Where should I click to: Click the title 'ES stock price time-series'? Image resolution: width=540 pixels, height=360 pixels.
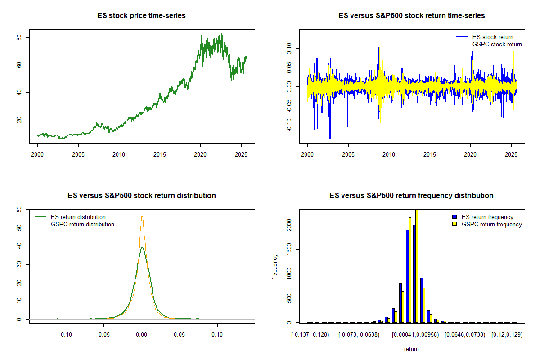tap(141, 16)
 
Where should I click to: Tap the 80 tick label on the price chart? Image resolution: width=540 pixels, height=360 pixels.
tap(19, 37)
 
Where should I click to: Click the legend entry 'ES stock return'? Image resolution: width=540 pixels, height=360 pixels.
tap(492, 37)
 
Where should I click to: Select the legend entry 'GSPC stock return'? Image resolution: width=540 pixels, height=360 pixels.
tap(497, 44)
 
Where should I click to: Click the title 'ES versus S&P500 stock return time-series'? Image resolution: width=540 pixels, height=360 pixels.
tap(411, 16)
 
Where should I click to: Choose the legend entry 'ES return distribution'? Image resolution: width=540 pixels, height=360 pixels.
tap(78, 217)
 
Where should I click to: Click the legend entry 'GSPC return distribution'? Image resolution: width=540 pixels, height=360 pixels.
tap(82, 224)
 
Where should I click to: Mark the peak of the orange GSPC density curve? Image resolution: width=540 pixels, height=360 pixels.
tap(142, 216)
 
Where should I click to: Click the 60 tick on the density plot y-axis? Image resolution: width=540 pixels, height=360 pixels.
tap(19, 209)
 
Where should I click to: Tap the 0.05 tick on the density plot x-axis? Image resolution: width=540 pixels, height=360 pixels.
tap(180, 335)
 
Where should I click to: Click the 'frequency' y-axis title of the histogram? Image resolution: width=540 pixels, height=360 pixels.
tap(275, 266)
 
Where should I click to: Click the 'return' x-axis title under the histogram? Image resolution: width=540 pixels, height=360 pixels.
tap(411, 349)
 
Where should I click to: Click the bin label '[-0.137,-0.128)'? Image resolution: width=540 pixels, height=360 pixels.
tap(310, 335)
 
